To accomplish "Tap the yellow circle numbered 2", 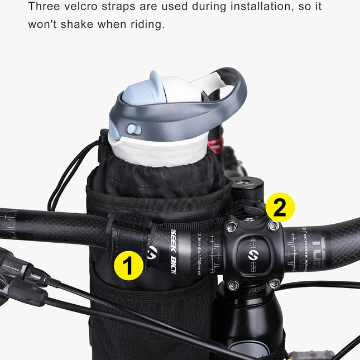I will point(280,207).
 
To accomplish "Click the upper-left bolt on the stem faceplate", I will point(231,227).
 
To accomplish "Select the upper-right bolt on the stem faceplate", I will point(273,226).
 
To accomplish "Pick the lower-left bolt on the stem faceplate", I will point(233,286).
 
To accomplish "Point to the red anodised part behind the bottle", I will point(215,146).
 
